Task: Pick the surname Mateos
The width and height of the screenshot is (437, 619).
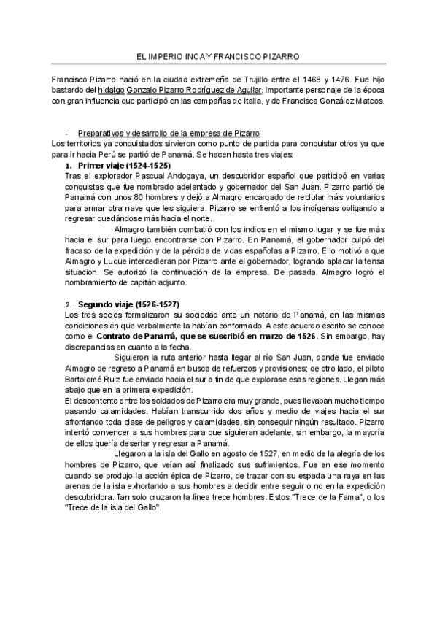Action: coord(366,101)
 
